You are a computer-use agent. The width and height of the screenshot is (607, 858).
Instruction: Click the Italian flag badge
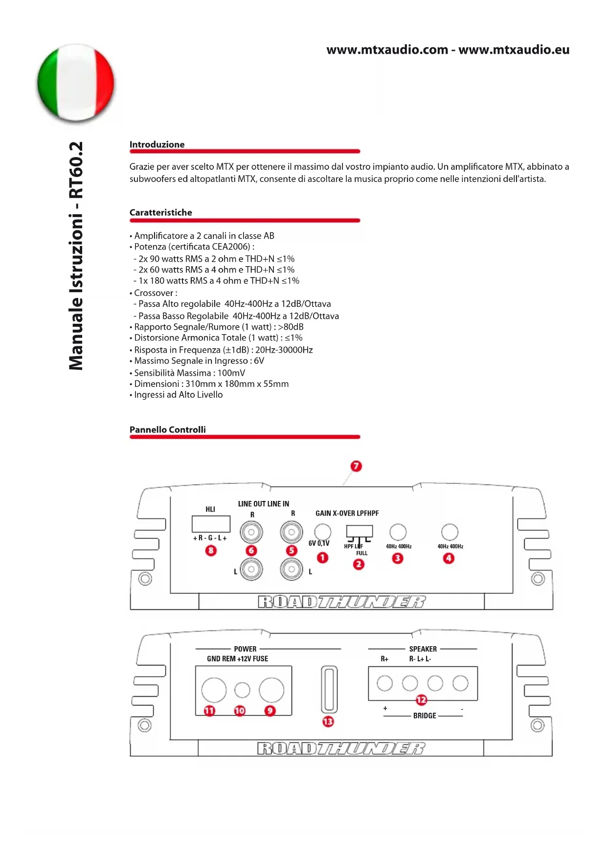coord(76,82)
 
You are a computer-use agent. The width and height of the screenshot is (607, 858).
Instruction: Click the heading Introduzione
coord(157,144)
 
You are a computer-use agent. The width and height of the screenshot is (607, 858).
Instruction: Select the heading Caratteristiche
coord(160,212)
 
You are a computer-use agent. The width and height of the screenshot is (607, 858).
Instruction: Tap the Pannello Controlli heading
coord(167,429)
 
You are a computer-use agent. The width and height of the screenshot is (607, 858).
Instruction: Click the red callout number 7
coord(356,466)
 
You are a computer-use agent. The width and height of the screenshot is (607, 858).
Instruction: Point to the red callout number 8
coord(211,551)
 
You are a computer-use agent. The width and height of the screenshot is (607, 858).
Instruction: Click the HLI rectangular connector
coord(211,524)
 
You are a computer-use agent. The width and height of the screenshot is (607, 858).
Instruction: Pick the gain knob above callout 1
coord(322,531)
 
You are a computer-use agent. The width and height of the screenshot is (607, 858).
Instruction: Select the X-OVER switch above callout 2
coord(360,532)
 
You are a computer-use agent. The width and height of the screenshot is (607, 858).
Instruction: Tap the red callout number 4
coord(449,558)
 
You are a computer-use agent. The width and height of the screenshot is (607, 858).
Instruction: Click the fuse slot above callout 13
coord(329,689)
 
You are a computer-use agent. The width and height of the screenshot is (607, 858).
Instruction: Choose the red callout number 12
coord(421,700)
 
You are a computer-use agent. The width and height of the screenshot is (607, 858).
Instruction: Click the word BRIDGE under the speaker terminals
coord(425,716)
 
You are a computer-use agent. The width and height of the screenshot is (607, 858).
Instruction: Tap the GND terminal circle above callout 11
coord(214,689)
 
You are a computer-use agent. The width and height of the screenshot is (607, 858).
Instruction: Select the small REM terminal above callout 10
coord(242,690)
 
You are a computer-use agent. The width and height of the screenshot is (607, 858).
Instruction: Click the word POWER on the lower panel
coord(245,649)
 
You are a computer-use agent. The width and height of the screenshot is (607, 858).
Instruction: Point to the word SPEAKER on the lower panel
coord(423,649)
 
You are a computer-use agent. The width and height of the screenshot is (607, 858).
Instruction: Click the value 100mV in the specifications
coord(231,373)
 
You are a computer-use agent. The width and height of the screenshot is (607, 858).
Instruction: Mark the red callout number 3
coord(398,558)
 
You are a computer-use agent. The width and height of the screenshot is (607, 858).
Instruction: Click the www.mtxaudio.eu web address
coord(514,50)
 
